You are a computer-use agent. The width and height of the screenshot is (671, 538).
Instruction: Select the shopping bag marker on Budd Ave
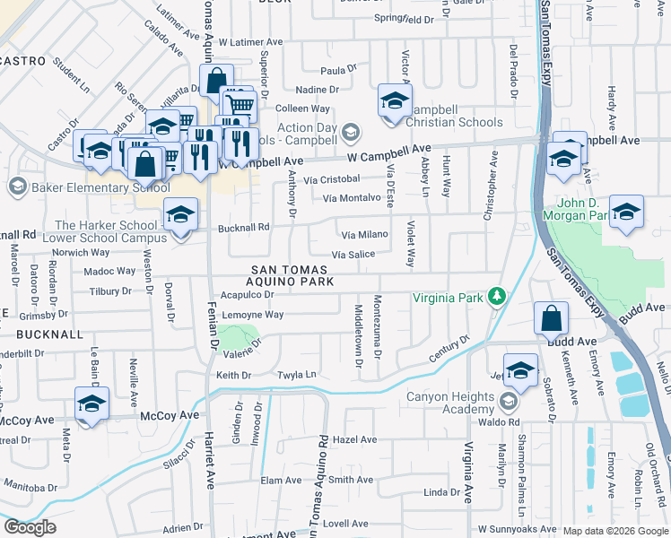pyautogui.click(x=551, y=319)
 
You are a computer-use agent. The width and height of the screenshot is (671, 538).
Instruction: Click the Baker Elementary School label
pyautogui.click(x=88, y=187)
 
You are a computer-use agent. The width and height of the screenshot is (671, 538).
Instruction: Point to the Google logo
pyautogui.click(x=30, y=527)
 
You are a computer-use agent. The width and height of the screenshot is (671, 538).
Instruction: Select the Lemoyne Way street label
pyautogui.click(x=252, y=315)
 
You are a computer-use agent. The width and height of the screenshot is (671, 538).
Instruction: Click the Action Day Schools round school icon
pyautogui.click(x=351, y=133)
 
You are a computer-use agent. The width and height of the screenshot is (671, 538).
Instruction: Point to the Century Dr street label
pyautogui.click(x=449, y=350)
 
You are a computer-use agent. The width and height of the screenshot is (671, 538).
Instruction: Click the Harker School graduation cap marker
pyautogui.click(x=180, y=215)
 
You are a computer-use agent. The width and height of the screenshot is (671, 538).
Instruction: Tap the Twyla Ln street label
pyautogui.click(x=297, y=374)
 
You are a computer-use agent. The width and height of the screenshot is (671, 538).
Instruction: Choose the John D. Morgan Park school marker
pyautogui.click(x=626, y=212)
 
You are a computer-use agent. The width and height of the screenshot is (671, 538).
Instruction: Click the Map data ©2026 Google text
pyautogui.click(x=614, y=531)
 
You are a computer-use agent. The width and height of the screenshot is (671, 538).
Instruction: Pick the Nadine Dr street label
pyautogui.click(x=317, y=90)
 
